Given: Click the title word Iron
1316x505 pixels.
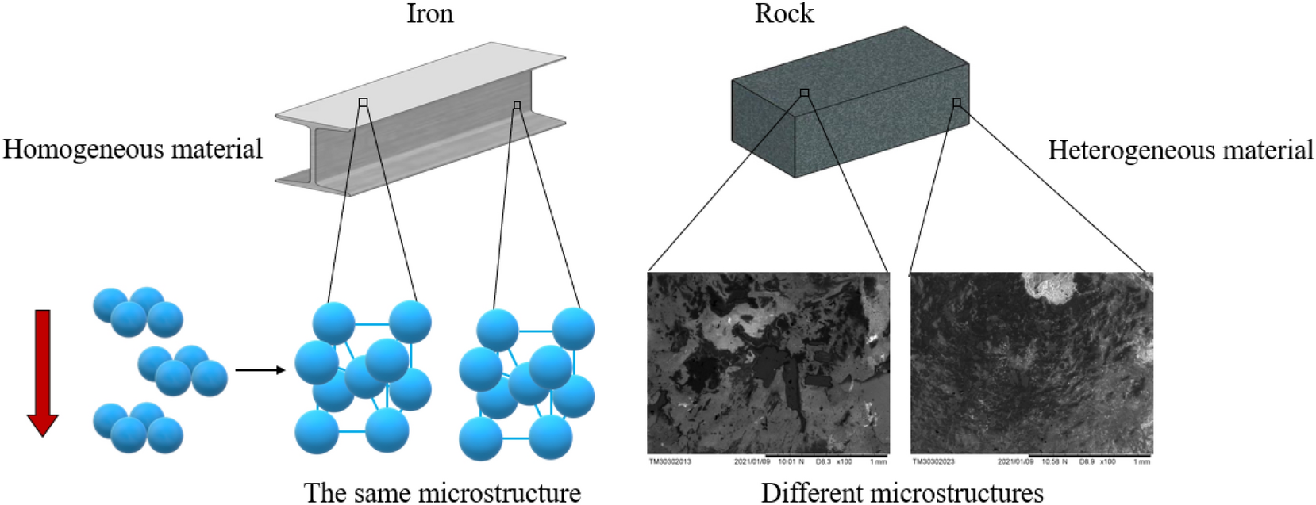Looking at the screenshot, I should (x=429, y=13).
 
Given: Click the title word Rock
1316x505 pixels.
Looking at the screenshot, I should (x=783, y=13).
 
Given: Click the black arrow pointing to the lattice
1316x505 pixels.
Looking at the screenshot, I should (x=260, y=369).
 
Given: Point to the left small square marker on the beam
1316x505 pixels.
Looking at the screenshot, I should (x=363, y=102).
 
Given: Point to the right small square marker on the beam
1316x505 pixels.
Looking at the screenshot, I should (x=517, y=105).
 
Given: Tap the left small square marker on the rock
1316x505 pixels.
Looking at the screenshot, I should (x=804, y=93).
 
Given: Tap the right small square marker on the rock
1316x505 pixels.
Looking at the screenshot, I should (x=956, y=102).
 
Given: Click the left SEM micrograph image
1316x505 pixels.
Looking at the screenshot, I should (x=768, y=363).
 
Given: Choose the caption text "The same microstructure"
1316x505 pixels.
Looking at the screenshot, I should (x=442, y=492).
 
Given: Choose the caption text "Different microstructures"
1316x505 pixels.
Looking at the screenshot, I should (x=902, y=492).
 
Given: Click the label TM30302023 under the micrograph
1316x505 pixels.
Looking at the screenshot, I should (x=933, y=461).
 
